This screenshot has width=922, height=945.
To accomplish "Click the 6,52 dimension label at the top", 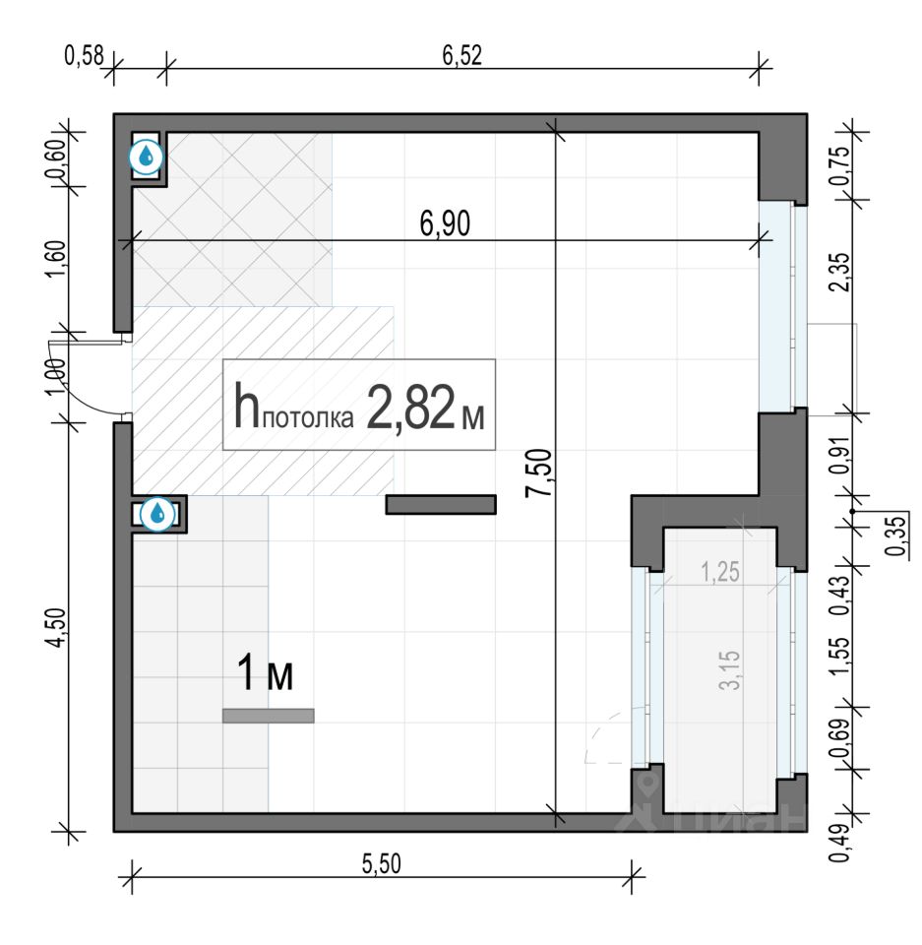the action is coord(462,55).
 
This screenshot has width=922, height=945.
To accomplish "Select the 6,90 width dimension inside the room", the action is coord(445,223).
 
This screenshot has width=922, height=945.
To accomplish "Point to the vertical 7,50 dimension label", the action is coord(538,472).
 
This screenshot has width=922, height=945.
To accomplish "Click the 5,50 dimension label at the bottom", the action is coord(382,863).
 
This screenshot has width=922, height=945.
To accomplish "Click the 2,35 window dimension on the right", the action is coord(839,272).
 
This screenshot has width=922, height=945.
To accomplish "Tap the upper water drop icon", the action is coord(146,157).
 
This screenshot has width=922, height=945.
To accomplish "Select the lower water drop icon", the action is coord(157,514).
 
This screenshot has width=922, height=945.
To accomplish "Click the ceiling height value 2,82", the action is coord(410,408).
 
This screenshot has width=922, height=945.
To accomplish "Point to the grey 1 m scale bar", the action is coord(269,716).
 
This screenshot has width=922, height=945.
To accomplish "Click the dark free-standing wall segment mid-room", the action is coord(441,504).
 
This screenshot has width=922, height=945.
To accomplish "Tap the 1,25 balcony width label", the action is coord(720,572).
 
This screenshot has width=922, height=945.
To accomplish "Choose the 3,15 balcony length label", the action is coord(729,669).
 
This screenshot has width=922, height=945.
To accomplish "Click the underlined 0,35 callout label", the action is coord(896,535).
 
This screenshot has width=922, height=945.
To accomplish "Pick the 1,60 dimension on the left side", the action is coord(55,259).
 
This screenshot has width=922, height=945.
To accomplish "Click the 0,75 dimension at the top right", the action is coord(839,165).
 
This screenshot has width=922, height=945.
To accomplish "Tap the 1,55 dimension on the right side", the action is coord(839,656).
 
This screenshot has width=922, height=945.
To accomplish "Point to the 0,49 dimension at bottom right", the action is coord(839,842).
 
